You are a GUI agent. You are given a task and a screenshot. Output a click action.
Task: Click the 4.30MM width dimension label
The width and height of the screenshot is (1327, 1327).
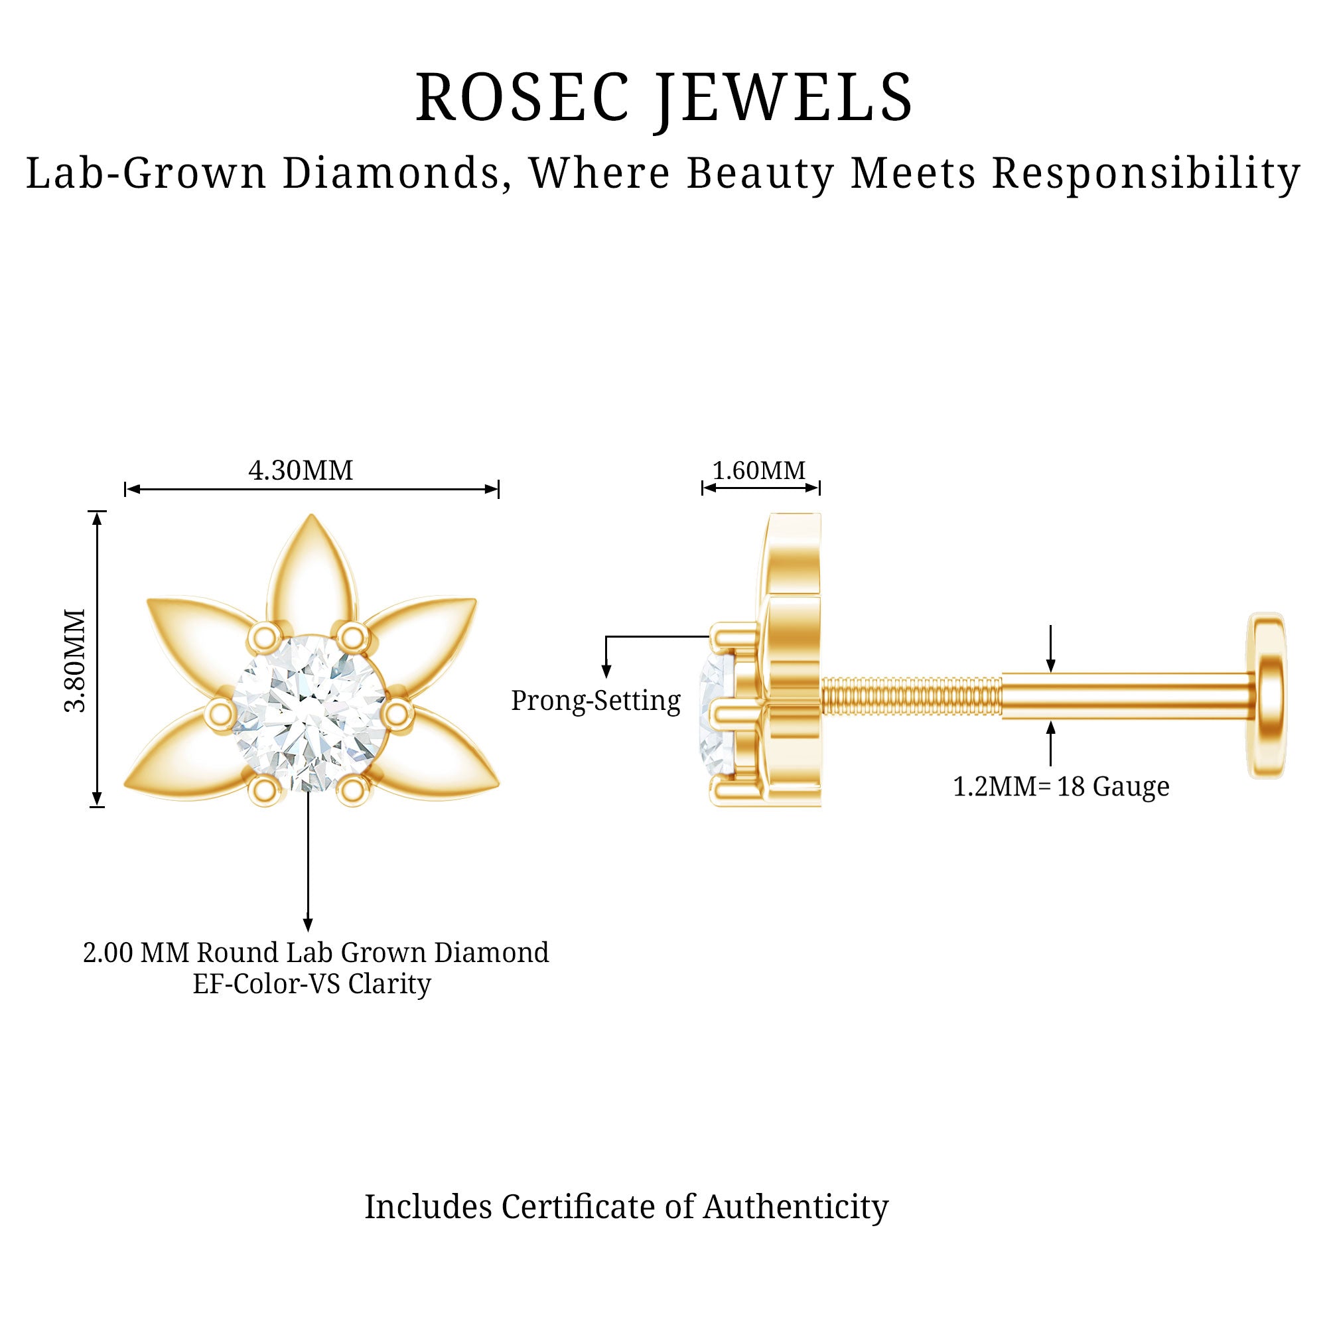point(300,471)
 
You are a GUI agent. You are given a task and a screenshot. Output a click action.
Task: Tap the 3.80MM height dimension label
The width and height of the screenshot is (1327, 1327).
point(75,660)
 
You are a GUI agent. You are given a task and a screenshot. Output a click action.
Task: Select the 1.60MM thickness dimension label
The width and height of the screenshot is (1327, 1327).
point(759,471)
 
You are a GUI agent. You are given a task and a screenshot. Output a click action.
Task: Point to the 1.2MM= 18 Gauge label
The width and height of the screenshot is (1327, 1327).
point(1060,786)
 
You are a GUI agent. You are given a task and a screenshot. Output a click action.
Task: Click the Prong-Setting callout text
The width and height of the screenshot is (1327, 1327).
point(596,701)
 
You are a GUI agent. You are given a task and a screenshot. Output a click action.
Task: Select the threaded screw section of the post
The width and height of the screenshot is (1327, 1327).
point(911,697)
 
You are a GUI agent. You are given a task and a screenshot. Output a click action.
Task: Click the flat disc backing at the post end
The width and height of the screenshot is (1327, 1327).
point(1267,695)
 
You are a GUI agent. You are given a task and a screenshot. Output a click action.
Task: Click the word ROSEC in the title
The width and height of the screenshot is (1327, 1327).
point(522,98)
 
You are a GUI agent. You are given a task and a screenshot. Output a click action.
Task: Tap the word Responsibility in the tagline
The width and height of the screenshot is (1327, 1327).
point(1146,173)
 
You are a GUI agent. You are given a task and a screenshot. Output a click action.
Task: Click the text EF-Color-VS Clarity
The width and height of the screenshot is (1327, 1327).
point(312,983)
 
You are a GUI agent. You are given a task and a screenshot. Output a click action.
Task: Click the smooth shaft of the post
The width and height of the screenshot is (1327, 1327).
point(1127,697)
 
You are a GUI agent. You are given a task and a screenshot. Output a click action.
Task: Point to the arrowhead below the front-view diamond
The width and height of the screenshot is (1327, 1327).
point(309,924)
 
